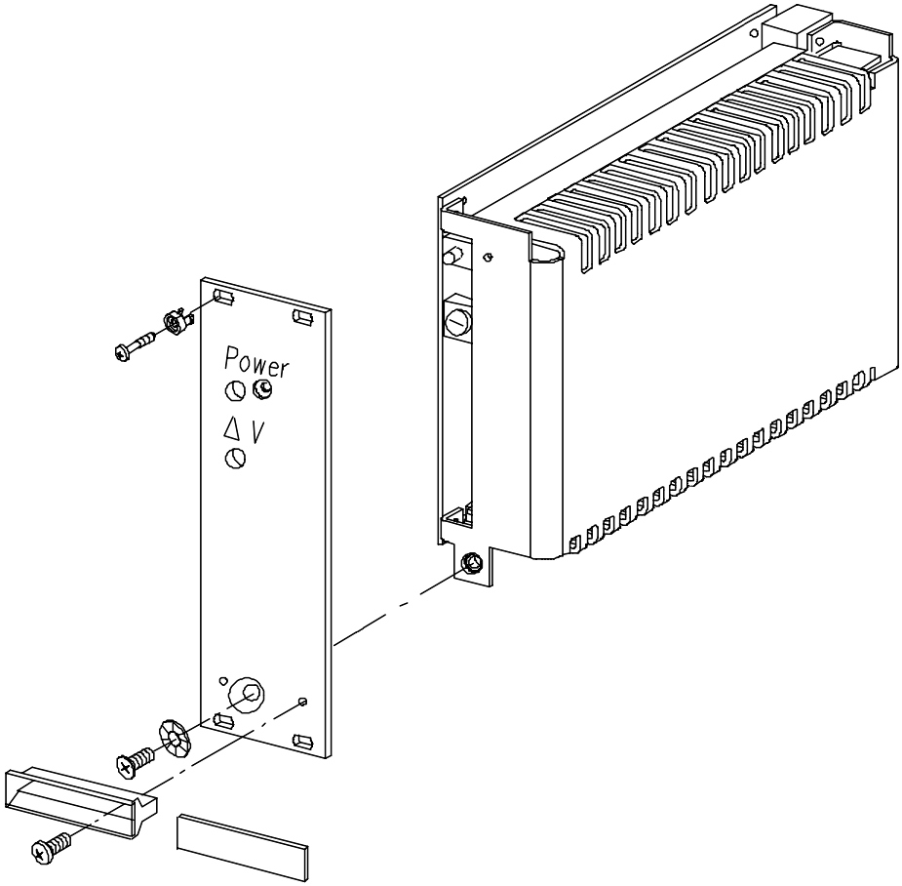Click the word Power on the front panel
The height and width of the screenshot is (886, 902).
click(256, 362)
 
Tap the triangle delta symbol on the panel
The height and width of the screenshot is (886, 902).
click(232, 428)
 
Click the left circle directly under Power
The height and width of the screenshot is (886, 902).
click(235, 391)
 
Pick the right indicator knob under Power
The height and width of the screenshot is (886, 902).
click(262, 389)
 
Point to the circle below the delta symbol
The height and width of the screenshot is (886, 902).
click(235, 459)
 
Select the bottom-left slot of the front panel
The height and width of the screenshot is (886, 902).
click(223, 720)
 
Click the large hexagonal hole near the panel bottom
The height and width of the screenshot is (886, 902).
click(246, 694)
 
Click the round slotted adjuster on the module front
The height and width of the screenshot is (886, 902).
click(457, 322)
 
